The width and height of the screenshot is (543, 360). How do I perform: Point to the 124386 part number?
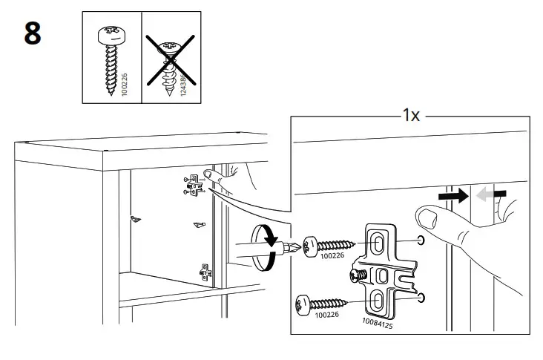182,83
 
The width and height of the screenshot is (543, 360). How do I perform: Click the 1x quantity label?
411,115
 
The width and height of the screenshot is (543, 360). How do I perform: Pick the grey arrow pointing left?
490,194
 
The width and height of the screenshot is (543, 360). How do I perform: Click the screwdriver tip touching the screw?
297,247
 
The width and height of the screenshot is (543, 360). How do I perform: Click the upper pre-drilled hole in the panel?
422,240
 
